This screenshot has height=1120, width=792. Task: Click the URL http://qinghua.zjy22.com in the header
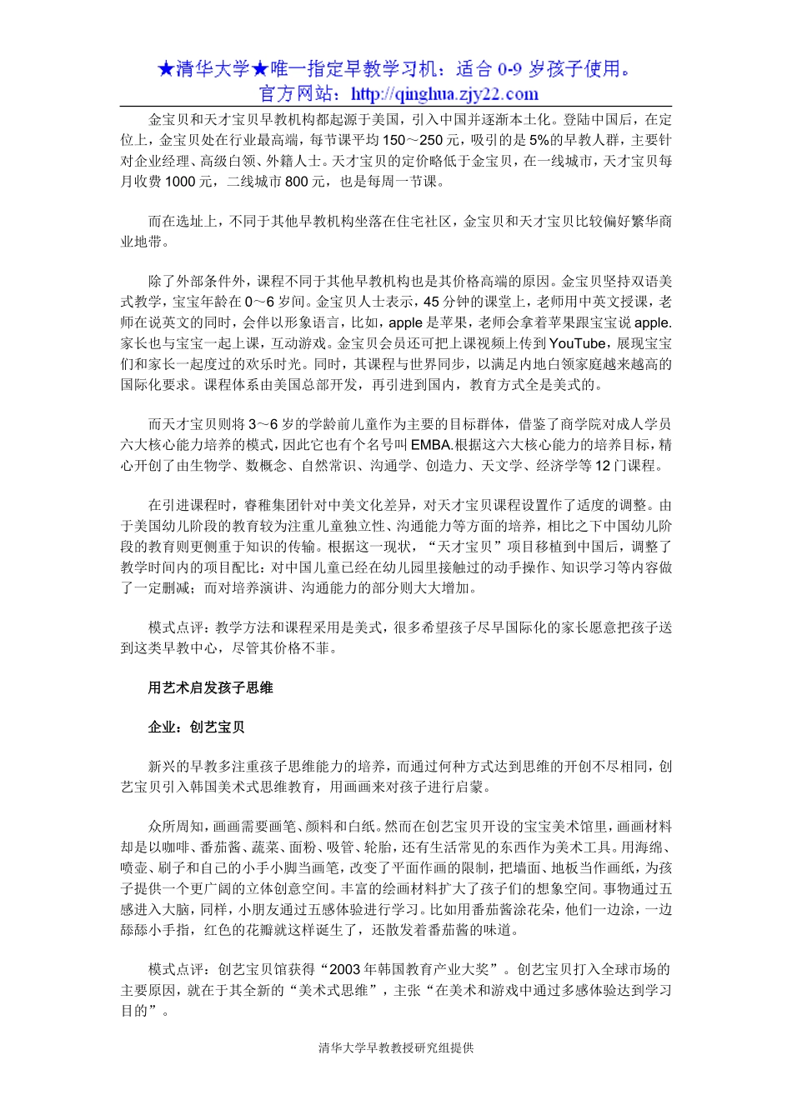click(x=444, y=94)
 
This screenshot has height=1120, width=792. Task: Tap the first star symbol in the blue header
click(x=166, y=69)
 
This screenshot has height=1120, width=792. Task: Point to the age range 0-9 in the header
click(x=509, y=69)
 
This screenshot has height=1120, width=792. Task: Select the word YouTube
click(x=577, y=343)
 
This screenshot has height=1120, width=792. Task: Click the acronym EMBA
click(x=431, y=445)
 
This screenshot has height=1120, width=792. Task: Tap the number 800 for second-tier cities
click(x=296, y=182)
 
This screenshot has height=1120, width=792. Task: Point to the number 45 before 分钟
click(x=431, y=302)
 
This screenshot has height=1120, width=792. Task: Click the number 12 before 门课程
click(x=603, y=466)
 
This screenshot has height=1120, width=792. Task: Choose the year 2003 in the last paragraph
click(x=347, y=969)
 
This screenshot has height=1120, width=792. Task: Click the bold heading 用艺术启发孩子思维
click(x=210, y=687)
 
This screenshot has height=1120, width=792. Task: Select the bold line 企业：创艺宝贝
click(x=196, y=727)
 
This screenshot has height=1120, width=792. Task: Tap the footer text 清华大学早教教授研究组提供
click(x=395, y=1047)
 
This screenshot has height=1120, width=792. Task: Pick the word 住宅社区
click(x=424, y=222)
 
